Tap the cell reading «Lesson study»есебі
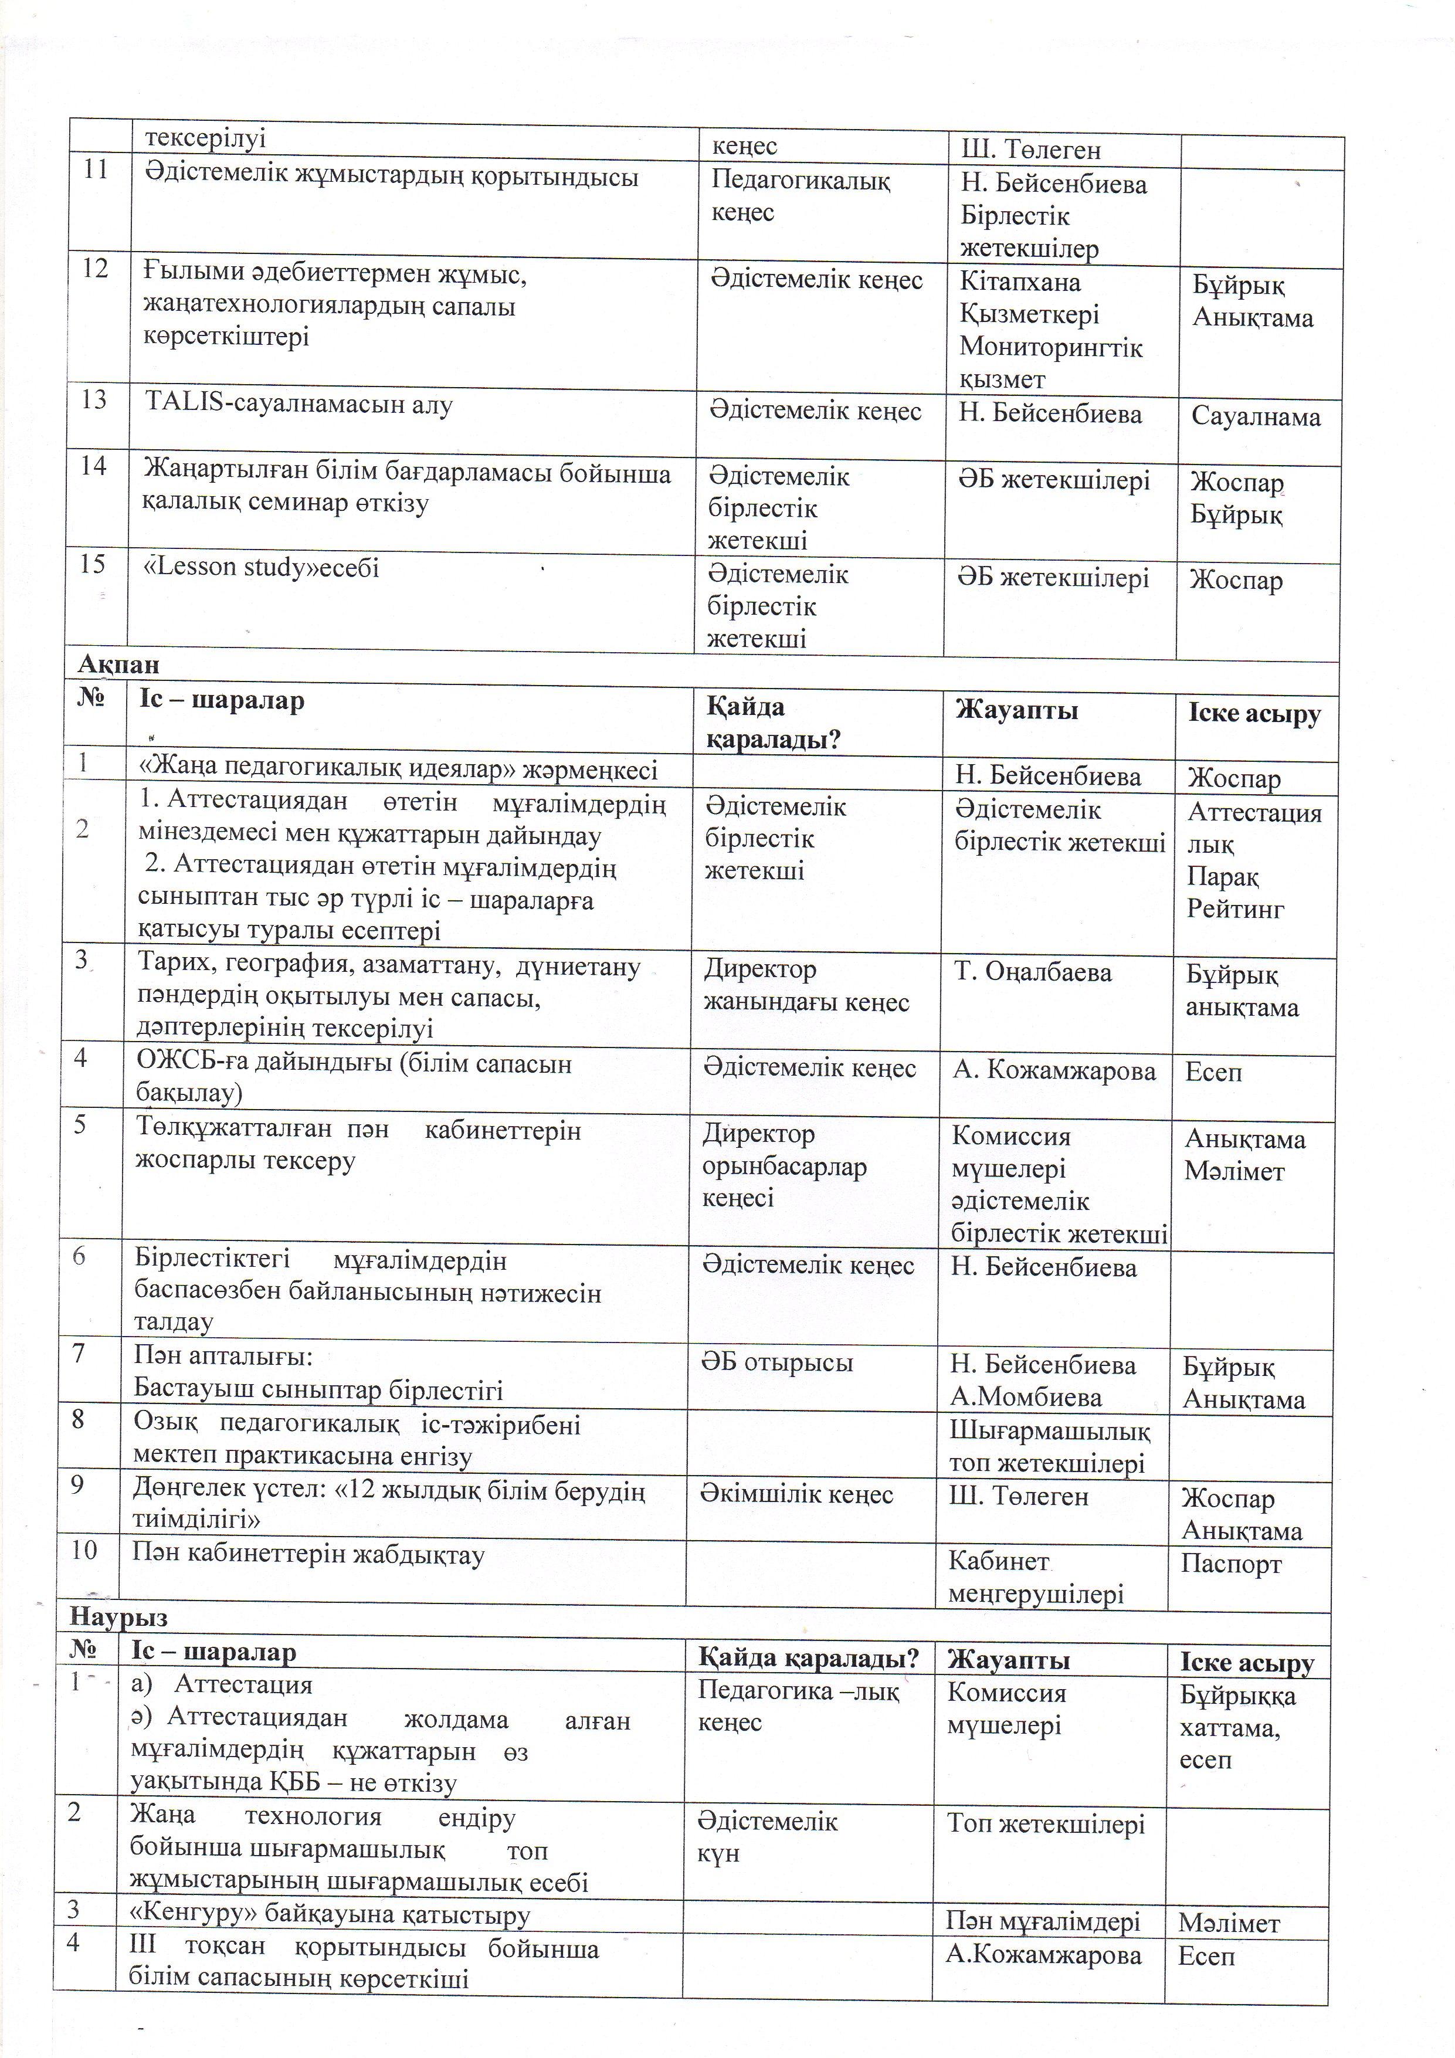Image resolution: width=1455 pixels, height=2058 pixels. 262,567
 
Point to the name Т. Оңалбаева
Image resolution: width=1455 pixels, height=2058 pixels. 1032,972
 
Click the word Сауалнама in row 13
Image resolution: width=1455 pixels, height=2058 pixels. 1255,417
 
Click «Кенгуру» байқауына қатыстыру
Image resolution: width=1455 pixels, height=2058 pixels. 331,1914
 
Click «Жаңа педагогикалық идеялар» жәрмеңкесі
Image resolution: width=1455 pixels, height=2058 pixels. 398,770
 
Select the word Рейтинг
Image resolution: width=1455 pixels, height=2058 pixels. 1235,909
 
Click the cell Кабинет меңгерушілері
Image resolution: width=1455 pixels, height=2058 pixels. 1036,1578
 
